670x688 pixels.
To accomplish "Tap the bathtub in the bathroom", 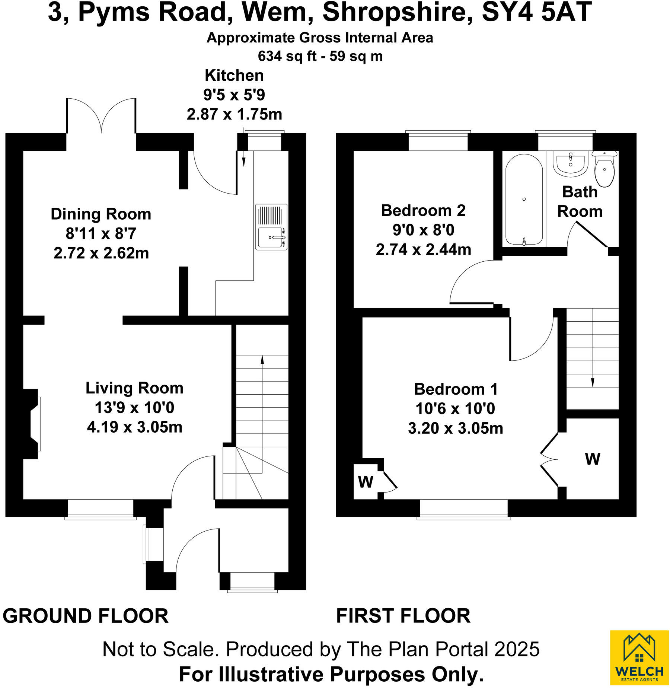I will pyautogui.click(x=524, y=199).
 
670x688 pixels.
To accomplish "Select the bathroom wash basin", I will pyautogui.click(x=570, y=164).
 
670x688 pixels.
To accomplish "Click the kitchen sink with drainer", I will pyautogui.click(x=271, y=227).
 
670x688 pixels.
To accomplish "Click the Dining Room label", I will pyautogui.click(x=101, y=214).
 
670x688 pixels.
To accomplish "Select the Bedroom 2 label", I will pyautogui.click(x=423, y=211).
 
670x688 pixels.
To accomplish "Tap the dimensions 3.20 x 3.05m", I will pyautogui.click(x=455, y=428).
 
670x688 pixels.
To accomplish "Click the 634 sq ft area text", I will pyautogui.click(x=287, y=56).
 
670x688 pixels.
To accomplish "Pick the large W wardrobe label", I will pyautogui.click(x=592, y=459).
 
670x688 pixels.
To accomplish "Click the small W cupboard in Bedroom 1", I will pyautogui.click(x=366, y=482).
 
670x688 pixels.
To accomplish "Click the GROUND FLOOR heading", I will pyautogui.click(x=86, y=616).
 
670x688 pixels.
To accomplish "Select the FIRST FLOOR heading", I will pyautogui.click(x=403, y=616).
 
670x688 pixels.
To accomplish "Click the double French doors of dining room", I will pyautogui.click(x=101, y=115).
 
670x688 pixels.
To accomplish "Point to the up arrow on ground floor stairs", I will pyautogui.click(x=262, y=360).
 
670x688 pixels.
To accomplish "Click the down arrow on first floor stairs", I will pyautogui.click(x=593, y=382).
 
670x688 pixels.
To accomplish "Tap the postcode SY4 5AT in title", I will pyautogui.click(x=536, y=12).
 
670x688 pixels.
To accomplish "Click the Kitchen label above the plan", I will pyautogui.click(x=234, y=76).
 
